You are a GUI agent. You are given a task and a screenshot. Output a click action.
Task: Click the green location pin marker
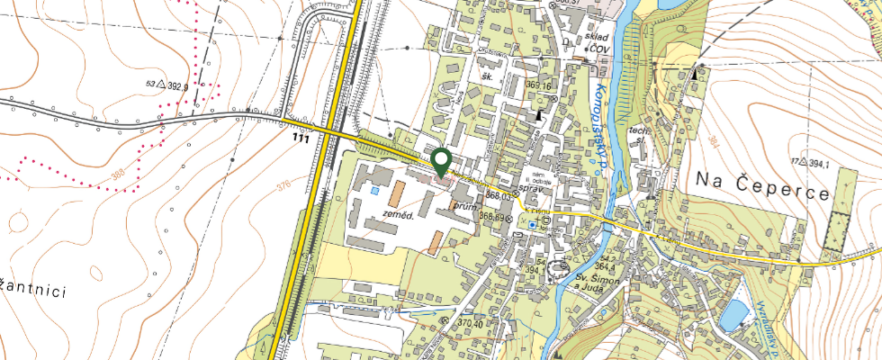pos(441,162)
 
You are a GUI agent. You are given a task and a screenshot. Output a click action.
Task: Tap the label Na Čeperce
pos(761,178)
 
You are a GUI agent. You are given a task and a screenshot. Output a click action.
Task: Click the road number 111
pos(301,139)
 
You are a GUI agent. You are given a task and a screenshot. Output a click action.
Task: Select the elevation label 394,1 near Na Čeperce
pos(814,163)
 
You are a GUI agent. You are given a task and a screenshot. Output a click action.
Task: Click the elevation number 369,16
pos(537,85)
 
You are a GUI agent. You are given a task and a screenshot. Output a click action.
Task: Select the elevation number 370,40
pos(472,322)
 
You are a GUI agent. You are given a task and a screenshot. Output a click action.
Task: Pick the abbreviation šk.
pos(489,77)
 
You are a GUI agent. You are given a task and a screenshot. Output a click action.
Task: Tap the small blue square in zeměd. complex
pos(373,191)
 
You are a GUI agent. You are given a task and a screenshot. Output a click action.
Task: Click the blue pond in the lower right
pos(733,312)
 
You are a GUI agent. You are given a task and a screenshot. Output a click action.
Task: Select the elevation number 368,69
pos(490,216)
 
